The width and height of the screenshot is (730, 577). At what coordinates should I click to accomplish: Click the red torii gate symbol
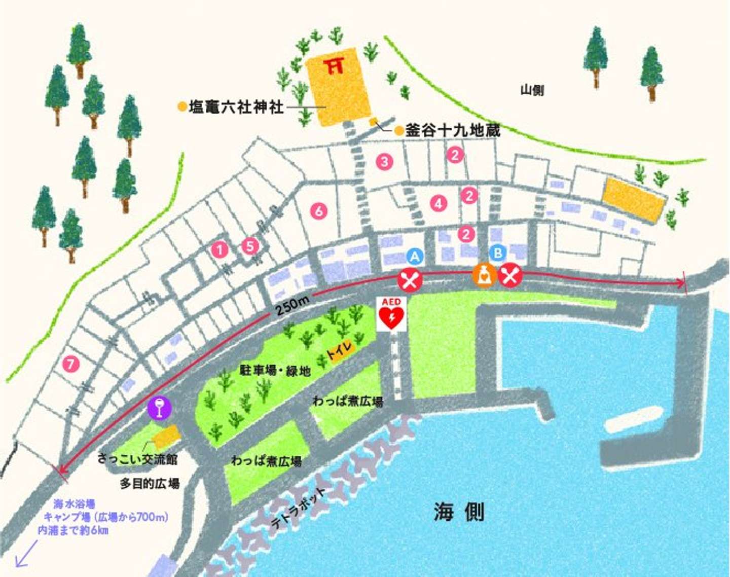(335, 65)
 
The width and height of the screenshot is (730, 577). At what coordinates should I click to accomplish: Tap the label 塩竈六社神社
(236, 107)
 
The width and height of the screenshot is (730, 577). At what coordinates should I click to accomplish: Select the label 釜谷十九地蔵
(452, 130)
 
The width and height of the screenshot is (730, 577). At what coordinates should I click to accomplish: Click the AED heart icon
(391, 316)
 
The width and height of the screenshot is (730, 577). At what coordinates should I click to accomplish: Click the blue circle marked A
(415, 256)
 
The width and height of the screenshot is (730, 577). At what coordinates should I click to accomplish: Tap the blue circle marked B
(498, 253)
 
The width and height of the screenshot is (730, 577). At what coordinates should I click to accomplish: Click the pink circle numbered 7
(71, 364)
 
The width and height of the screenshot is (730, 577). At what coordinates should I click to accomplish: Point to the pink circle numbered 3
(385, 162)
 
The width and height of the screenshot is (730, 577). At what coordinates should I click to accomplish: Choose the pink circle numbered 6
(319, 210)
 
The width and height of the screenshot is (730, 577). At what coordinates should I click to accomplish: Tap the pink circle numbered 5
(250, 246)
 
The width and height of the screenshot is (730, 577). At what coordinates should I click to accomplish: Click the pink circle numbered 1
(220, 249)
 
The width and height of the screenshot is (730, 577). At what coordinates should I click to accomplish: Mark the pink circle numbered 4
(439, 204)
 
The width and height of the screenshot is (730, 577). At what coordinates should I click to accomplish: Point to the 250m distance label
(293, 306)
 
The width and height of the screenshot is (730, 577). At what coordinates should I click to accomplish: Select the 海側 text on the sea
(459, 512)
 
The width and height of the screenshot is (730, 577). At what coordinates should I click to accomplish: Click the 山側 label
(532, 90)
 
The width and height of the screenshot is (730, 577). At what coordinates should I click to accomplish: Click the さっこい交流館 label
(137, 459)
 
